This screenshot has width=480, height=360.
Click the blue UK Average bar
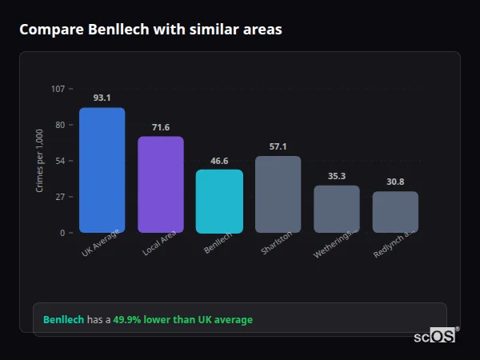point(102,170)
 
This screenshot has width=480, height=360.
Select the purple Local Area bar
point(161,185)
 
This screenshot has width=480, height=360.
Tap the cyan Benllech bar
point(219,202)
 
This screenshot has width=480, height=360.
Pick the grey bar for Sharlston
point(278,194)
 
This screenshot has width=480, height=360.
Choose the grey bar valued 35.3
point(337,209)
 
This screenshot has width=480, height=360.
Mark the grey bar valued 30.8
point(395,212)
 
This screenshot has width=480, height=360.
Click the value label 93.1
point(102,98)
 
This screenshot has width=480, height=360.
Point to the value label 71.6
point(161,127)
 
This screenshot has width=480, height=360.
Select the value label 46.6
point(219,160)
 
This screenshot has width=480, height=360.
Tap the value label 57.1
point(278,146)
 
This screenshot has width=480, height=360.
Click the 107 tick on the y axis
point(58,89)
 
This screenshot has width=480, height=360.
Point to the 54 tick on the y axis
point(59,161)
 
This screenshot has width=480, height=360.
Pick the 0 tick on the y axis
point(62,233)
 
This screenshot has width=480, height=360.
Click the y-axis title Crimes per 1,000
point(40,161)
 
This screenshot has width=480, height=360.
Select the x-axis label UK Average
point(101,243)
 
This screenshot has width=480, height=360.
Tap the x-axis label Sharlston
point(277,243)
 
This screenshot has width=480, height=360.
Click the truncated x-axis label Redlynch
point(394,244)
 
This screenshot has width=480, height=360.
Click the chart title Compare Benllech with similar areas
point(150,30)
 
